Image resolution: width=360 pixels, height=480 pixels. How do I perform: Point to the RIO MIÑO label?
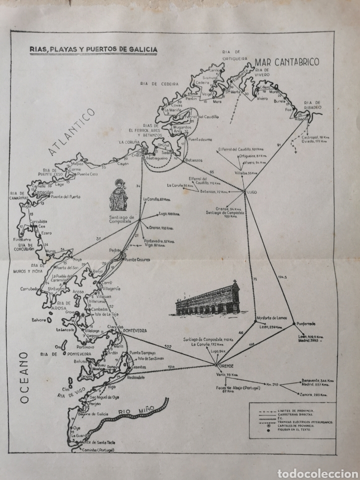pyautogui.click(x=132, y=409)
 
